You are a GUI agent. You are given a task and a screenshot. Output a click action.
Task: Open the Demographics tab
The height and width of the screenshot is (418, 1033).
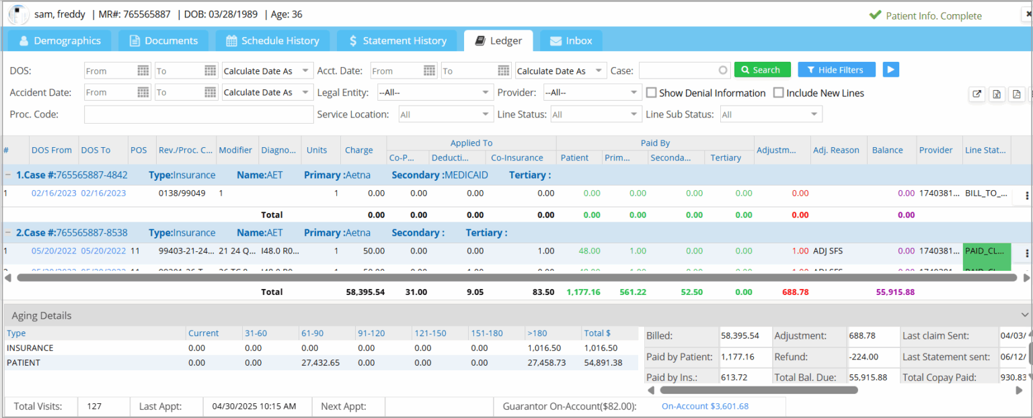point(60,41)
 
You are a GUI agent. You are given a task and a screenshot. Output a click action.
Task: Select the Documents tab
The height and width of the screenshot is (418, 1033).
point(163,41)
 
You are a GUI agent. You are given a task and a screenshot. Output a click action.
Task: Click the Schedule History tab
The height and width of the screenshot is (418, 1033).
point(272,41)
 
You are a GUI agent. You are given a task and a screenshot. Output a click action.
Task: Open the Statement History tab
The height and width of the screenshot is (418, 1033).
point(397,41)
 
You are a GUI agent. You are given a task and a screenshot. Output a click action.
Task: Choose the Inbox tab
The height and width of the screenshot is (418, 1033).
point(571,41)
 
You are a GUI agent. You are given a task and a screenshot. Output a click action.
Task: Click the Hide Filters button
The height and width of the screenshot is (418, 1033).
point(836,70)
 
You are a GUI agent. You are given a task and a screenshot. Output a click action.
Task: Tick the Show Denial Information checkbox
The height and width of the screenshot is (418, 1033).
point(651,93)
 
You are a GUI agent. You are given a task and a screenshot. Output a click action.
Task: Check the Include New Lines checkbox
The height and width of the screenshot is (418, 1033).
point(779,93)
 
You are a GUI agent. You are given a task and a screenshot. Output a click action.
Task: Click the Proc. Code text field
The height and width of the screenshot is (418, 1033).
point(189,114)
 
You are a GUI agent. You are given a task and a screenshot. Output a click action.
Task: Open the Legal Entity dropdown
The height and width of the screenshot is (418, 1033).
point(435,92)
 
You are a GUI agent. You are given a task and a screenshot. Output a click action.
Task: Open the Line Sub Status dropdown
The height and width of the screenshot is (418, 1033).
point(771,114)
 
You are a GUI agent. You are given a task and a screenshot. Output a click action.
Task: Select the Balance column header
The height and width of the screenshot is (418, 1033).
point(887,150)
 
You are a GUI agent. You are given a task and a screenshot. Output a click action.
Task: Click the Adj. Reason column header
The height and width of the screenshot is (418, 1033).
point(835,150)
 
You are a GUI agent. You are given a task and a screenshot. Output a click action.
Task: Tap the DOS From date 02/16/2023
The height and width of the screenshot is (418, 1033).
point(51,194)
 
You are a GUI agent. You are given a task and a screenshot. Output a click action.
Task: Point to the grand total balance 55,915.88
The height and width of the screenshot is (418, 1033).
point(895,292)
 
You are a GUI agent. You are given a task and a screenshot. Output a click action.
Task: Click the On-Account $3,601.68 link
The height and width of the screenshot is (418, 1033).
point(705,406)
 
